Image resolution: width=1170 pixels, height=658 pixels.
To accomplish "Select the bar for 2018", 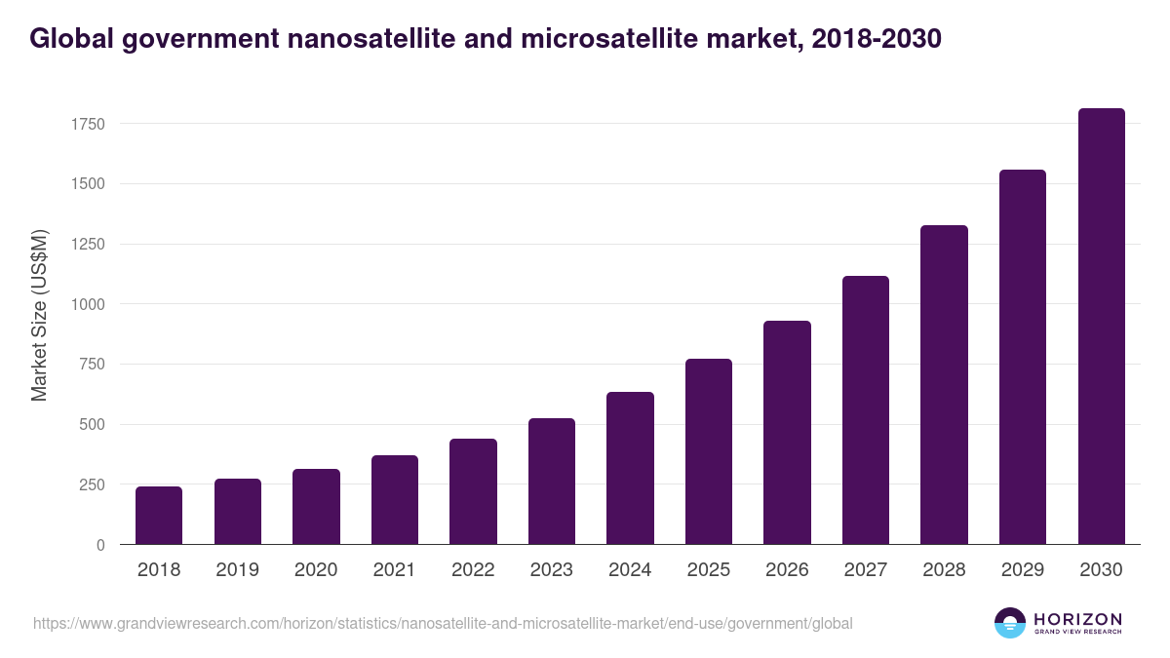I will point(159,516).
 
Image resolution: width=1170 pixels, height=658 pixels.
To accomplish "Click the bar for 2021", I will point(395,500).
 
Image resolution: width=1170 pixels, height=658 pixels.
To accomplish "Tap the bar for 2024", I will point(630,468).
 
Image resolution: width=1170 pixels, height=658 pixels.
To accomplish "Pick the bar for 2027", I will point(866,410).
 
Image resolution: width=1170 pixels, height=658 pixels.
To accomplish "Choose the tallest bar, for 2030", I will point(1101,327).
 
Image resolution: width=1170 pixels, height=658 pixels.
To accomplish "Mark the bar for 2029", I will point(1023,357).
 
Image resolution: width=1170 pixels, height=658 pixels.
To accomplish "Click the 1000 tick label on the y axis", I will point(86,304).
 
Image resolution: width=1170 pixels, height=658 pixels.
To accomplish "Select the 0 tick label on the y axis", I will point(100,545).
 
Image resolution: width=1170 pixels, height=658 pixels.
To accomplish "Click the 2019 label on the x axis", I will point(237,570).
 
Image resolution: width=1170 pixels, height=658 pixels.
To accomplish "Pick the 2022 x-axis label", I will point(473,570).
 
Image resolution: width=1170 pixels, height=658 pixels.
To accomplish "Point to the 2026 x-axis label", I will point(787,570).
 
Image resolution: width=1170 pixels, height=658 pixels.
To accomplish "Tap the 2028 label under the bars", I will point(944,570).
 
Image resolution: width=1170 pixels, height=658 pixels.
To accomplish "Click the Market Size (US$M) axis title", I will point(40,316).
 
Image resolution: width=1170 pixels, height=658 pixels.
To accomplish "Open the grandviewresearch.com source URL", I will point(443,623).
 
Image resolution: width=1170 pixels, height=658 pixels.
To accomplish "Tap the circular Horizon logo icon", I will point(1010,623).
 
